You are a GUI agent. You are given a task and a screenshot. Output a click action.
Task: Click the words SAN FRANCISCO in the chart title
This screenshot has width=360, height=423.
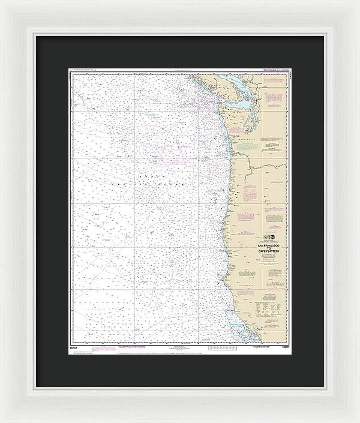269,246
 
